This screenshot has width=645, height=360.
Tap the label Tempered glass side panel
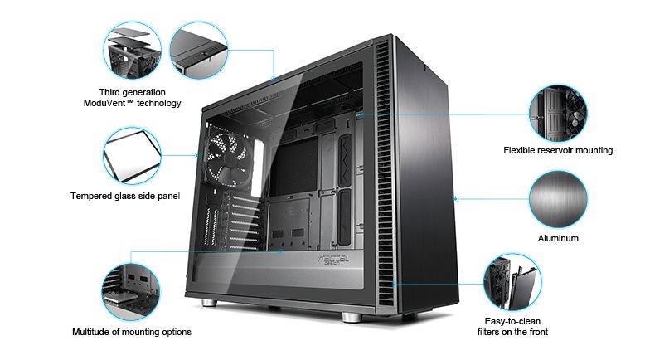(x=125, y=196)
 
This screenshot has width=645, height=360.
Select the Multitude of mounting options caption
(x=132, y=332)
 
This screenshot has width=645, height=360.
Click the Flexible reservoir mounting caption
(x=558, y=151)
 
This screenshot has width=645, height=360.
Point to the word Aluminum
(x=558, y=238)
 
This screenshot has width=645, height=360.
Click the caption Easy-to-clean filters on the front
(x=512, y=327)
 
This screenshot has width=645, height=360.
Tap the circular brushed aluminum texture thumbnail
(x=558, y=200)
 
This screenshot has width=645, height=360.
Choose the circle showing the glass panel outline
(x=132, y=155)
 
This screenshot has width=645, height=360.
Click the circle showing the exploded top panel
(x=132, y=51)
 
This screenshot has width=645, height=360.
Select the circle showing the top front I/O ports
(x=199, y=51)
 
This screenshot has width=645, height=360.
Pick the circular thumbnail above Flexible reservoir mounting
(x=558, y=114)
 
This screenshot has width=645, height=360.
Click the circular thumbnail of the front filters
(x=512, y=282)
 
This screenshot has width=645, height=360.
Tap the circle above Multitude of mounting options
(x=131, y=292)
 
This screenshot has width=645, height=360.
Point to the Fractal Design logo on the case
(x=332, y=260)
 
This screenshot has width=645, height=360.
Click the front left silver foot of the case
(x=209, y=303)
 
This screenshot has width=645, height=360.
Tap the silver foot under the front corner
(x=352, y=317)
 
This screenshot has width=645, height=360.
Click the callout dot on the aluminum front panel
(x=456, y=199)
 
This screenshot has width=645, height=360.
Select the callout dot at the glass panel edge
(x=196, y=155)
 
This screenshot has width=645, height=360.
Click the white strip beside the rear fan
(x=259, y=168)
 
